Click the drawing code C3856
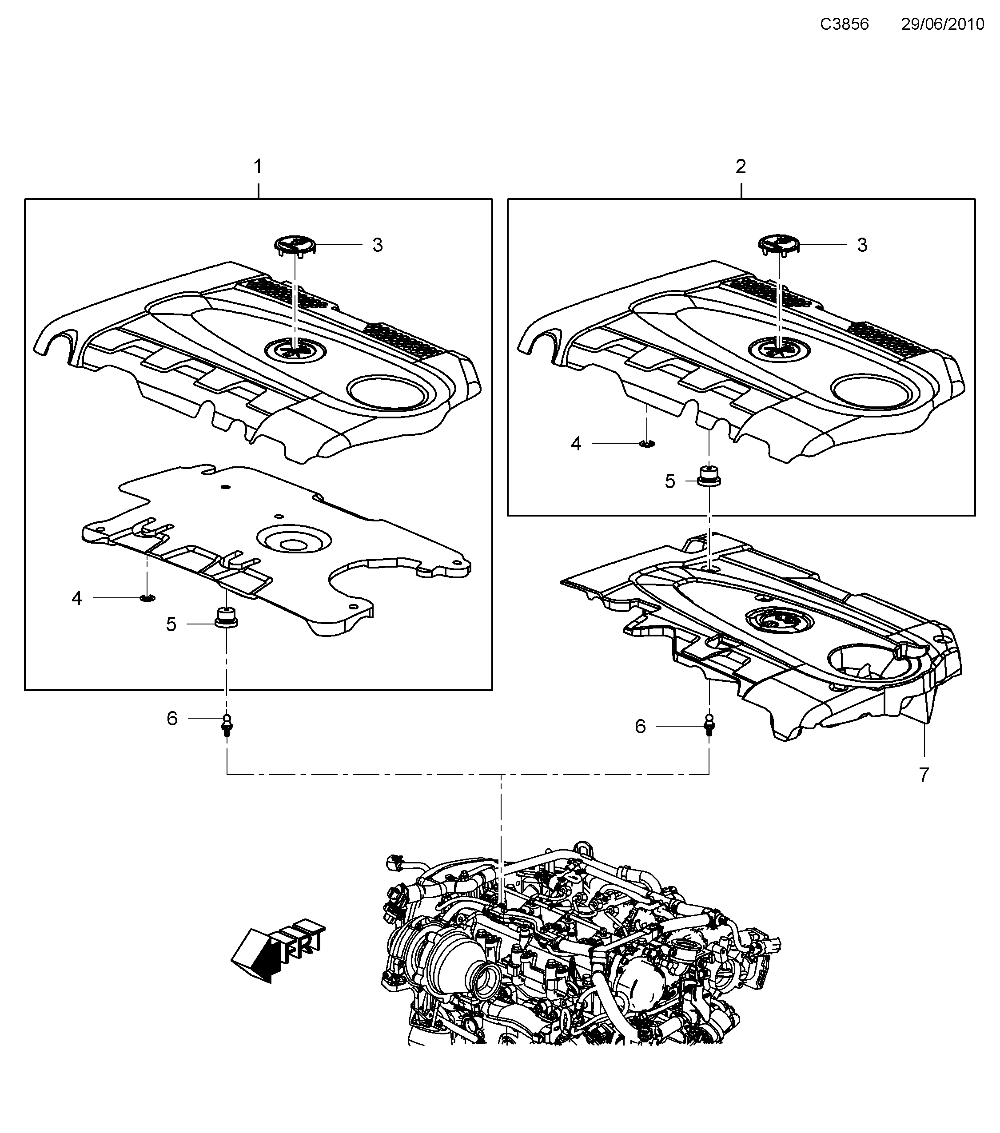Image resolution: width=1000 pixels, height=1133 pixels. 844,24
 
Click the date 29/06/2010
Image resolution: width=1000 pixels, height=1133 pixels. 942,24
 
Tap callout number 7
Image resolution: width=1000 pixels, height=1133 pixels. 924,775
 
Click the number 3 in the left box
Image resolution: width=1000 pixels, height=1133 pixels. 378,245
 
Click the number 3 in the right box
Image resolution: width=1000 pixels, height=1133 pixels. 862,245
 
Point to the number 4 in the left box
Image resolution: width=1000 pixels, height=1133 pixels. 77,598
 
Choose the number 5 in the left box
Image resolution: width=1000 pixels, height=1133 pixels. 171,624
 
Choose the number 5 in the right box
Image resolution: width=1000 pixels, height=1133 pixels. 670,481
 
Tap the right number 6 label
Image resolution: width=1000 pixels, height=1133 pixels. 640,726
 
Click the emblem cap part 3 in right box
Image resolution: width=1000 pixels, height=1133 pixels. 779,244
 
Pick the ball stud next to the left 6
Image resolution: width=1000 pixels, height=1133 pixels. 227,724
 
